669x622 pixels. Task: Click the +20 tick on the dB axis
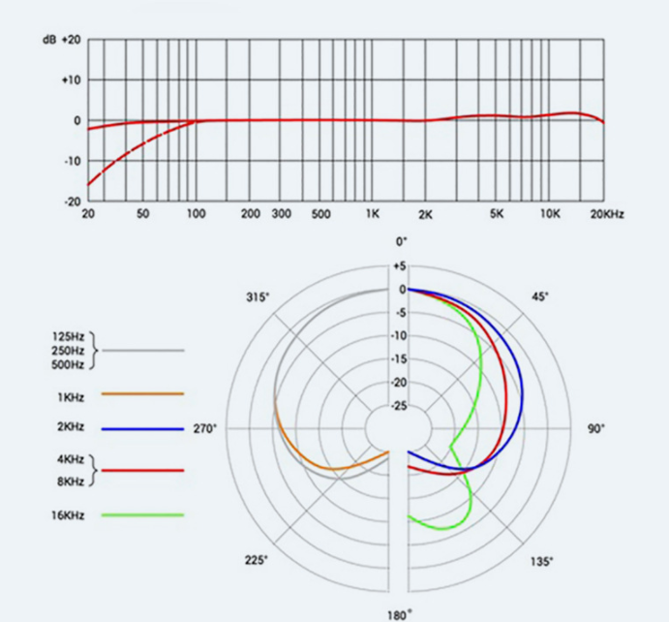tap(72, 40)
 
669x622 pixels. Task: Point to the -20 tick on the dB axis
tap(73, 201)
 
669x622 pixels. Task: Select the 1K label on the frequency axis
tap(373, 213)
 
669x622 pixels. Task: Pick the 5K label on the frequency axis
tap(497, 213)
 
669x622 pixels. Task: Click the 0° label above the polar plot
tap(400, 241)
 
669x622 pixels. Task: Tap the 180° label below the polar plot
tap(400, 613)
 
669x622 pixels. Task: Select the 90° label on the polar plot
tap(595, 428)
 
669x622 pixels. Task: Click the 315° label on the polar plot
tap(258, 295)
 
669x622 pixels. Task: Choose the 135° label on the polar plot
tap(541, 561)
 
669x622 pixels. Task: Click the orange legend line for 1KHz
tap(142, 393)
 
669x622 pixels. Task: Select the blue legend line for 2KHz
tap(142, 428)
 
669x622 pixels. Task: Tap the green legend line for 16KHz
tap(142, 515)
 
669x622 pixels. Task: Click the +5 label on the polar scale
tap(399, 266)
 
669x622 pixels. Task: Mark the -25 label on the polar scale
tap(398, 406)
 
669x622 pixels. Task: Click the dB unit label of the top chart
tap(48, 40)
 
